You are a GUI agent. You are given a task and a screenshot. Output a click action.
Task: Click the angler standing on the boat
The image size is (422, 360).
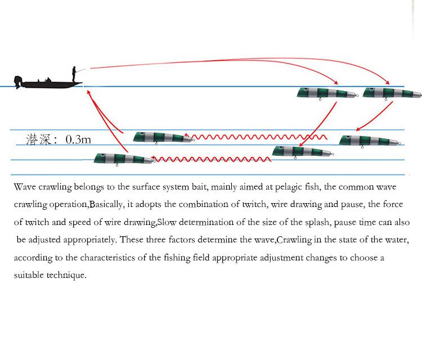tap(74, 74)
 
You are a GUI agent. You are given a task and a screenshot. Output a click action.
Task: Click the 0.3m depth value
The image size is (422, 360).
tap(78, 139)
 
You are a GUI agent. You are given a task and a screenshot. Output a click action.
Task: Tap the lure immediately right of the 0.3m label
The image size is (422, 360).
tap(162, 137)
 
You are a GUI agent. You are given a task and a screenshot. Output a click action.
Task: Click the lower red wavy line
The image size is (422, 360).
tap(212, 160)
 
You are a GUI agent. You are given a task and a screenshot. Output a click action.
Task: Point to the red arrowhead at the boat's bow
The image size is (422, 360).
tap(88, 92)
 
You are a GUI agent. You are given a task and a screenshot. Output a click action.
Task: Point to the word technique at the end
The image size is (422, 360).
tap(68, 276)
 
